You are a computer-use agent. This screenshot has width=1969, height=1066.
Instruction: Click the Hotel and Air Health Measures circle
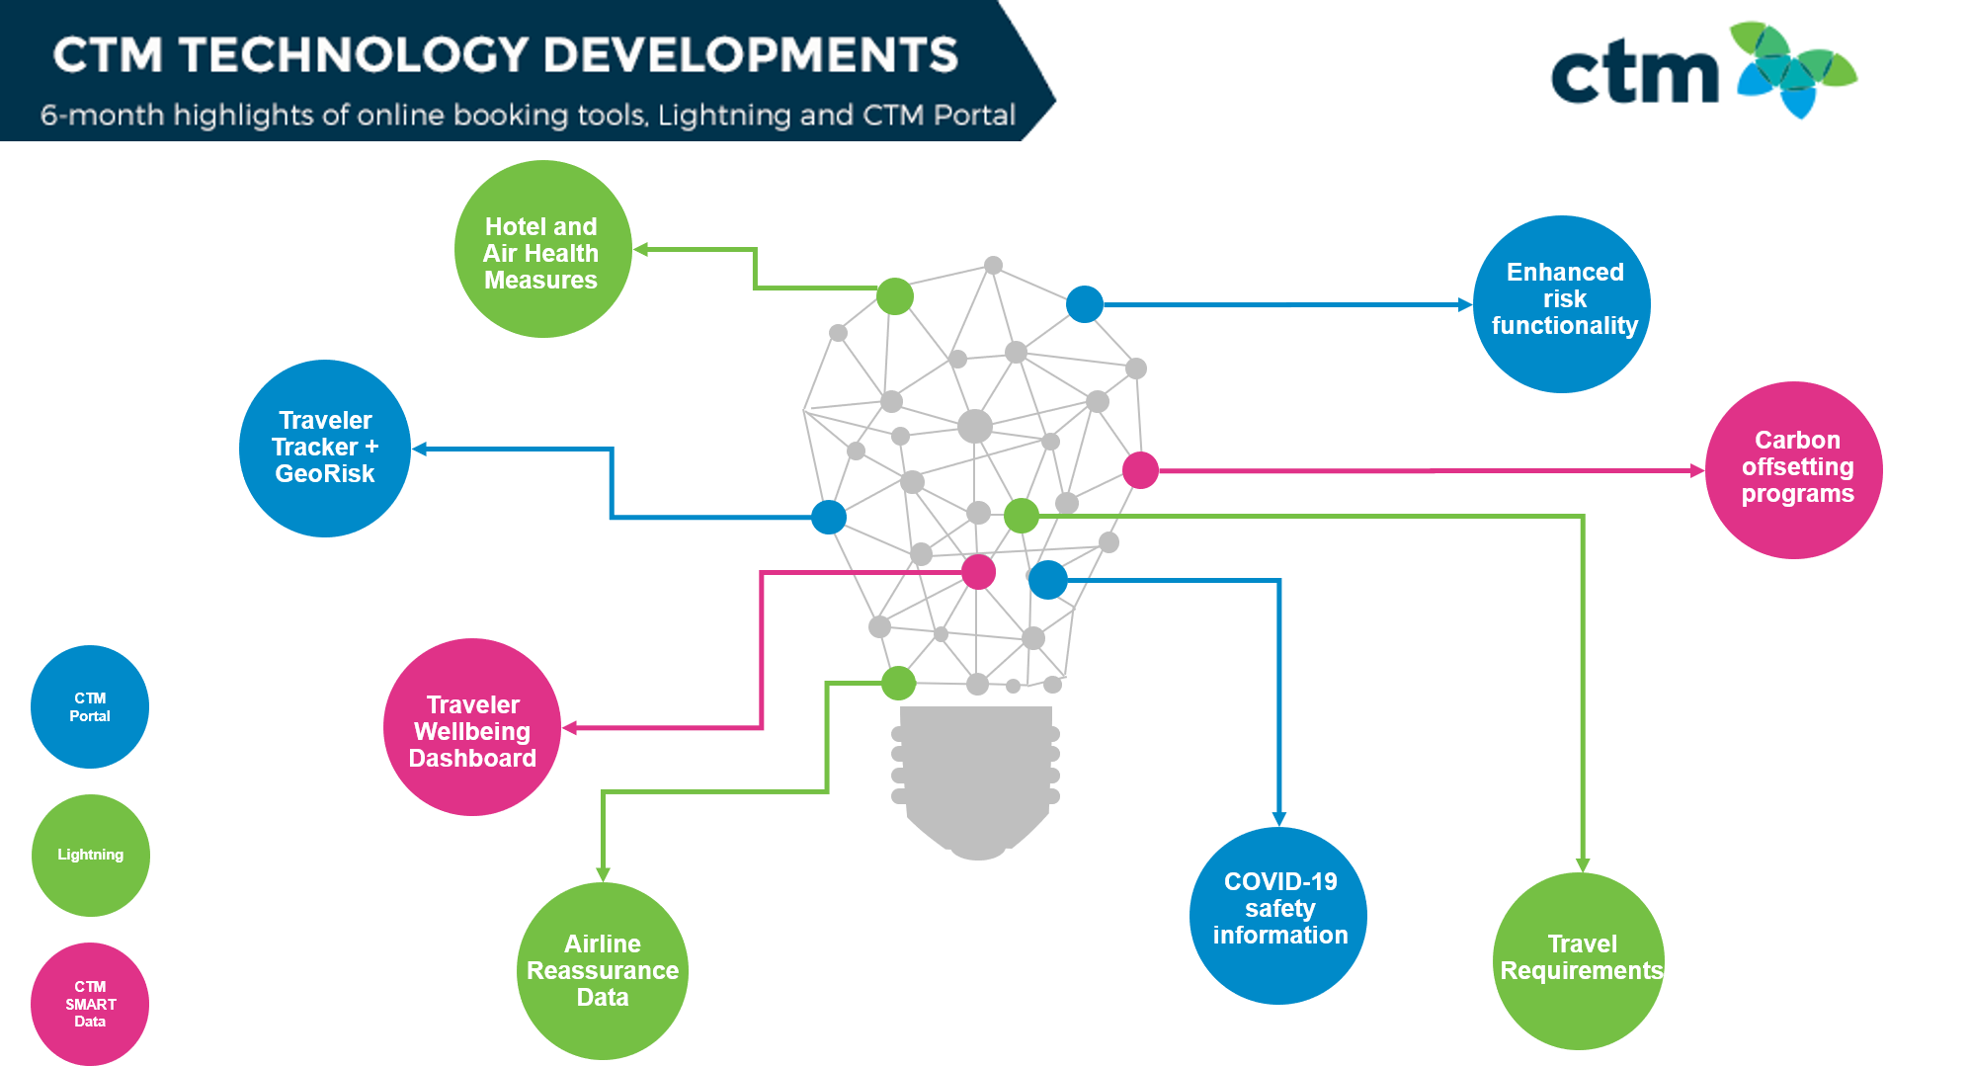click(542, 249)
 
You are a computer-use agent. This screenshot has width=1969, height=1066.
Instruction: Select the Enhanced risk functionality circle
click(1562, 304)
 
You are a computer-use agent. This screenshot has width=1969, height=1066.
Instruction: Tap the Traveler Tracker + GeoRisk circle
click(325, 449)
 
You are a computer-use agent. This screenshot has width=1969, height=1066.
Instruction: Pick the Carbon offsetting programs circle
click(1794, 470)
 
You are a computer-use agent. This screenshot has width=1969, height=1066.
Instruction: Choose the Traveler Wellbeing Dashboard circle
click(472, 727)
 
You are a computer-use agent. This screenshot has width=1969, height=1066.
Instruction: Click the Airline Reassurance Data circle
click(603, 971)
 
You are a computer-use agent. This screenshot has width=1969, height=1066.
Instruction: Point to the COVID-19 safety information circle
click(1278, 916)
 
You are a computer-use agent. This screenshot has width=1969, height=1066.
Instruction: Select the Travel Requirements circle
click(1579, 961)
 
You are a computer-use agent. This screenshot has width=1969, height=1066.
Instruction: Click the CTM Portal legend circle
click(90, 706)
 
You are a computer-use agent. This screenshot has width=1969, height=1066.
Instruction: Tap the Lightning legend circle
click(91, 856)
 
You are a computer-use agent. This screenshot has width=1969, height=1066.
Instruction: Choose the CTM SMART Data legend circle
click(90, 1004)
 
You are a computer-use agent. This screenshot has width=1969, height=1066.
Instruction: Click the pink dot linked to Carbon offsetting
click(1140, 470)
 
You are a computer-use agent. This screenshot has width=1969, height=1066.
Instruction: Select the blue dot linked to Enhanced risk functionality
click(1085, 304)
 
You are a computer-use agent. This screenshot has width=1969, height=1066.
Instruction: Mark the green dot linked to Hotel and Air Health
click(895, 296)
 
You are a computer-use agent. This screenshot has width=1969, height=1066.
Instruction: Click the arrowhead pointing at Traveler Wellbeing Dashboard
click(569, 728)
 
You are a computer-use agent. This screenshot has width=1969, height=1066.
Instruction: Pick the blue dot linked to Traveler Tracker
click(829, 517)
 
